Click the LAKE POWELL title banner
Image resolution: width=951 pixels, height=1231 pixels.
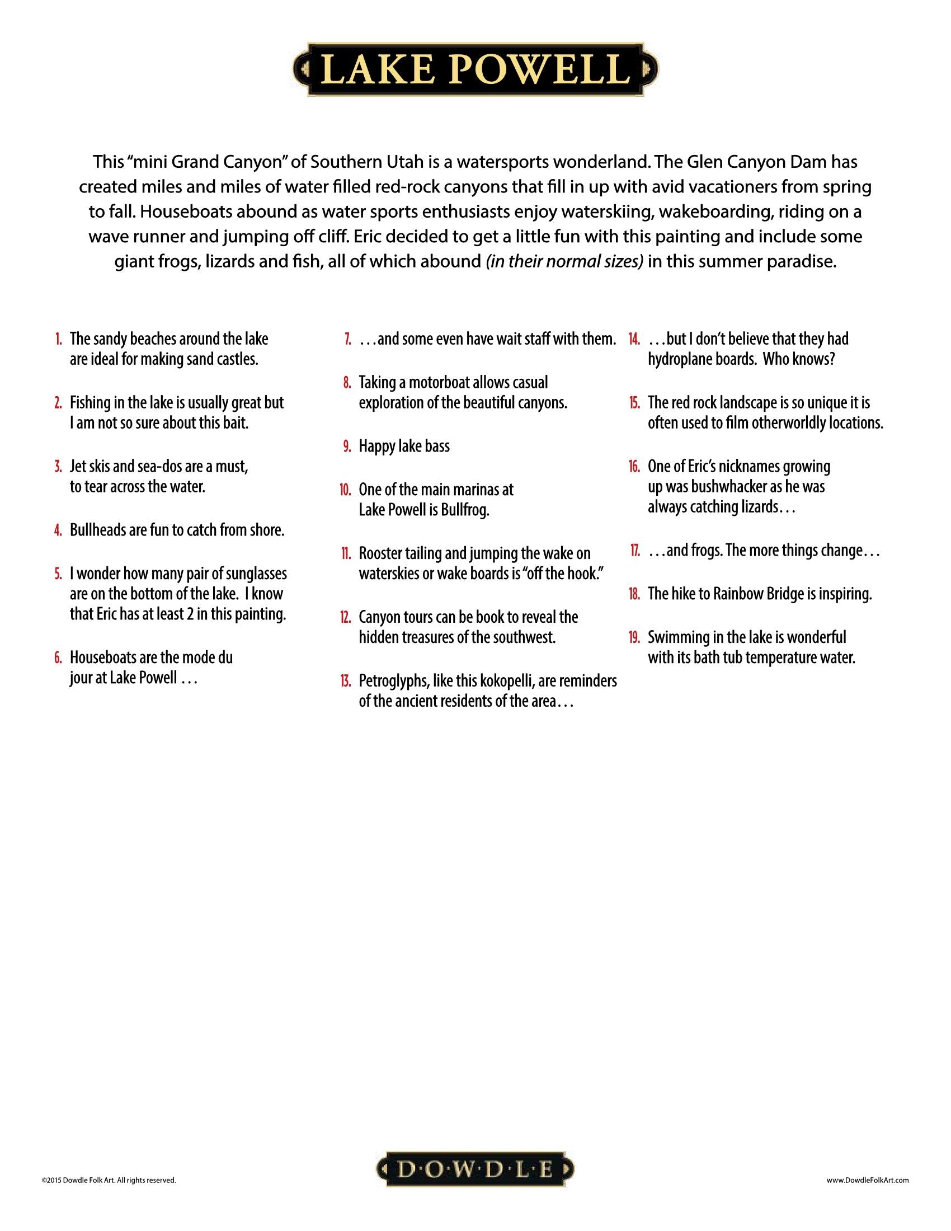pos(475,70)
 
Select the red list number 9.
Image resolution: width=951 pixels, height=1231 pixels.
pos(347,447)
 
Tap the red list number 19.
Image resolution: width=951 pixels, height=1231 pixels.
pos(634,637)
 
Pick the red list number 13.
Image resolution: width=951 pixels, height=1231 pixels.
pos(345,682)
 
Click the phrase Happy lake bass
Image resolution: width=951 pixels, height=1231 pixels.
pos(404,447)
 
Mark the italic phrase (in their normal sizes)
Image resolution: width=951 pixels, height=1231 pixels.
pos(564,262)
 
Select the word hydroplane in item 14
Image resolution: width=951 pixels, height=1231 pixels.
pos(682,360)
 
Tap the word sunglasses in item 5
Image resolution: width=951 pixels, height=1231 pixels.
pos(255,574)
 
